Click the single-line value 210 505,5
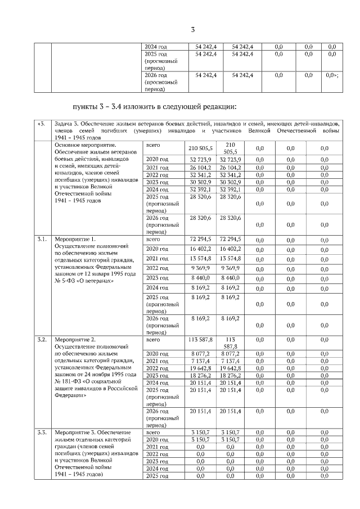coord(200,148)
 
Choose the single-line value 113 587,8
coord(200,340)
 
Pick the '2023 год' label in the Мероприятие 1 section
coord(157,277)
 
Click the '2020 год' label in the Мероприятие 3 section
coord(157,439)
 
